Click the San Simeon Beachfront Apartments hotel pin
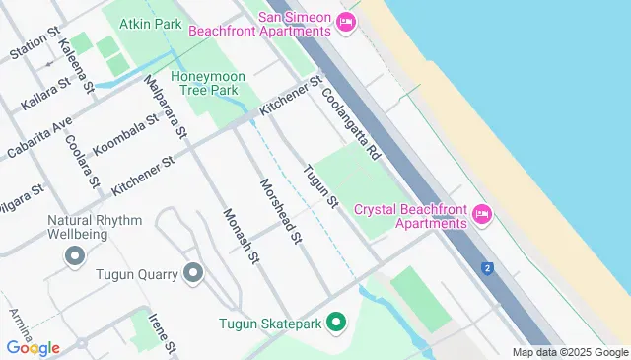pyautogui.click(x=345, y=23)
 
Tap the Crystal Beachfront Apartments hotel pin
pyautogui.click(x=481, y=213)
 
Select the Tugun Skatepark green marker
pyautogui.click(x=335, y=323)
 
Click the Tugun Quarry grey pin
pyautogui.click(x=192, y=273)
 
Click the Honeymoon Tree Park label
pyautogui.click(x=204, y=83)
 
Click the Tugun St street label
pyautogui.click(x=321, y=186)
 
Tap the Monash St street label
pyautogui.click(x=241, y=237)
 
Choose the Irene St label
pyautogui.click(x=163, y=333)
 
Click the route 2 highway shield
pyautogui.click(x=487, y=268)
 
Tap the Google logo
pyautogui.click(x=33, y=347)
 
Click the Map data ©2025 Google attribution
pyautogui.click(x=570, y=352)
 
